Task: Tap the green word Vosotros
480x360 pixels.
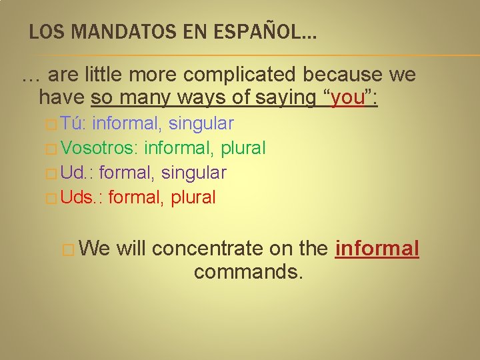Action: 99,148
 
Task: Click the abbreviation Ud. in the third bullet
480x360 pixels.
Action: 76,173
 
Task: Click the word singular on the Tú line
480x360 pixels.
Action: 201,123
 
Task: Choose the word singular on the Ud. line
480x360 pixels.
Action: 194,173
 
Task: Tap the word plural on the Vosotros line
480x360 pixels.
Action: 243,148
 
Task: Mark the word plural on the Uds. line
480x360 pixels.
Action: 193,197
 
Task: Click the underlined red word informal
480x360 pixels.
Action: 377,249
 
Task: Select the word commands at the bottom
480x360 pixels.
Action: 248,272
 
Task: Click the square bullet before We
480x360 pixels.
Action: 67,249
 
